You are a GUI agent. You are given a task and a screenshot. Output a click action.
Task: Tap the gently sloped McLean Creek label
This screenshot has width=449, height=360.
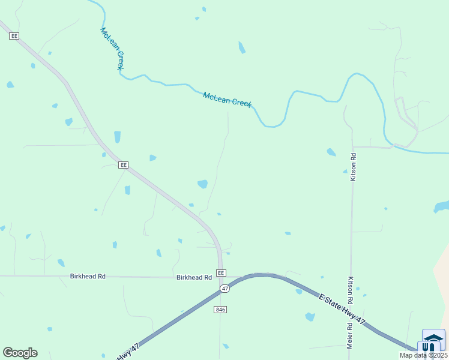pos(227,100)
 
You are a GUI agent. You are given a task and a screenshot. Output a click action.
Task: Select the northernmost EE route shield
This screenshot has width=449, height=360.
pos(14,36)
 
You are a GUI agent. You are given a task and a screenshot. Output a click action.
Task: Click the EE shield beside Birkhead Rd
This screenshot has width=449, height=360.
pos(221,273)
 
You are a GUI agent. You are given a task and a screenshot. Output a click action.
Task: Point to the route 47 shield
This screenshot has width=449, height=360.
pos(224,289)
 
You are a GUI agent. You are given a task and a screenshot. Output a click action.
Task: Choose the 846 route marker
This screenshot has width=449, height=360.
pos(220,309)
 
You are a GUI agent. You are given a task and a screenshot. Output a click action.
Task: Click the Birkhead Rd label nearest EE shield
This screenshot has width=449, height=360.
pos(194,278)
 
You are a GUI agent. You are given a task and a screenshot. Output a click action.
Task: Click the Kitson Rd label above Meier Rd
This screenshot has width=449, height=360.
pos(349,289)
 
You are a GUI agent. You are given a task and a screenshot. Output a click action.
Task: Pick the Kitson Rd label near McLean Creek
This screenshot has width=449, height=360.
pos(354,167)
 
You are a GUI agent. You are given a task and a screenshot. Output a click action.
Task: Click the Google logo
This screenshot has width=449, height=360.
pos(20,353)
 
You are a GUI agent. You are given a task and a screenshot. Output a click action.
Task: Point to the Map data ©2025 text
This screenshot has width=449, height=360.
pos(423,355)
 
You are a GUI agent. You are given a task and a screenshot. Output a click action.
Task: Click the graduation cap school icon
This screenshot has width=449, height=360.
pos(433,335)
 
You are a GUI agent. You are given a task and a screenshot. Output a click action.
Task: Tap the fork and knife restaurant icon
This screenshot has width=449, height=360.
pos(429,347)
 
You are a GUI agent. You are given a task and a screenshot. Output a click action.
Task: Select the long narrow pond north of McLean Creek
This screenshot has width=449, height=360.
pos(242,47)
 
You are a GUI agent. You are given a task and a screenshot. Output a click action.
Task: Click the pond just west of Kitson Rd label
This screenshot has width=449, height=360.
pos(331,152)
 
